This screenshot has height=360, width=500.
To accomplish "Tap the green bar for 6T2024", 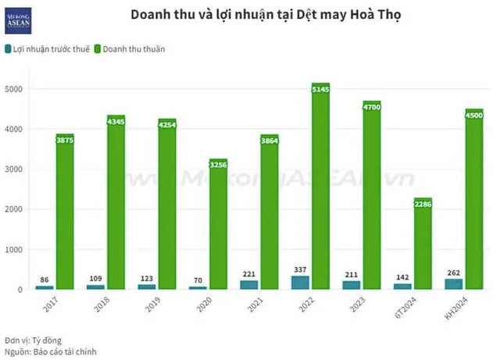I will (x=423, y=250).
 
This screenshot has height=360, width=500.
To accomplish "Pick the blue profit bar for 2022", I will (x=300, y=282).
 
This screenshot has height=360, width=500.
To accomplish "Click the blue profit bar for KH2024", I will (x=454, y=283).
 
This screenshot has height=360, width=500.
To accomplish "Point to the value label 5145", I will (x=320, y=91).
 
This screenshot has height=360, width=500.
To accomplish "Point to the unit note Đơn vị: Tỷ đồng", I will (x=33, y=340).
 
